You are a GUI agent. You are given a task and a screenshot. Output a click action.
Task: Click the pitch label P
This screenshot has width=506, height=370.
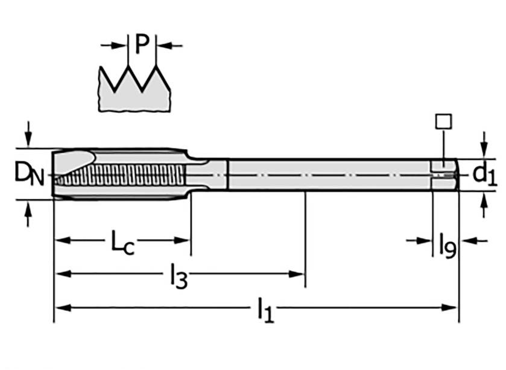142,45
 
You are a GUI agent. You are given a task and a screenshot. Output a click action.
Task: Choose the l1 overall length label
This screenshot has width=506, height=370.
265,310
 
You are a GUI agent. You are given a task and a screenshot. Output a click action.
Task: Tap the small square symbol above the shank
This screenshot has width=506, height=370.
443,121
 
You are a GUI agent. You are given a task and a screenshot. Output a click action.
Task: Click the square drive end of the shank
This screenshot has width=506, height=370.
444,174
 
